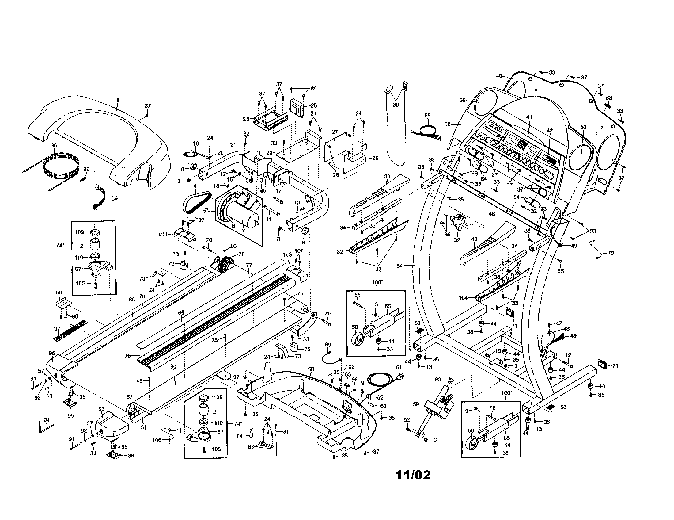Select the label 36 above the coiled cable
[54, 145]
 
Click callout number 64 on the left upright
[399, 266]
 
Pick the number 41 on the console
[529, 117]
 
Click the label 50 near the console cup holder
[583, 127]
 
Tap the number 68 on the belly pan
[311, 369]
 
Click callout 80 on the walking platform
[173, 366]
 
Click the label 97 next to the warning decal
[57, 329]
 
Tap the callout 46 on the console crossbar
[492, 214]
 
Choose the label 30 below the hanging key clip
[396, 105]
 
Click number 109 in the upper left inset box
[80, 232]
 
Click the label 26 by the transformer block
[314, 105]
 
